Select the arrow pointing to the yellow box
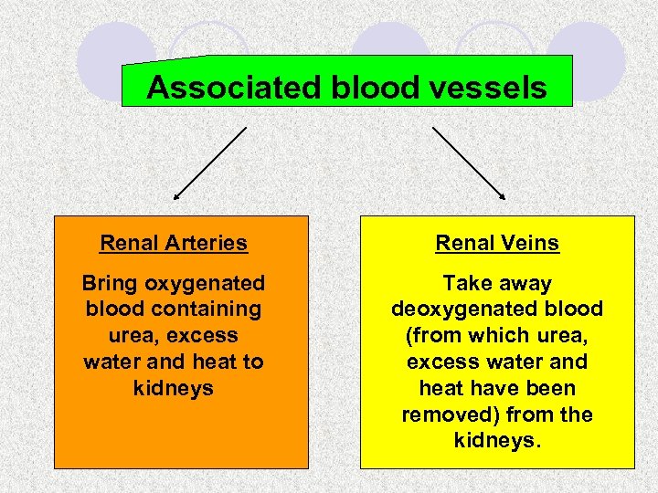point(469,163)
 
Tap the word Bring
point(110,284)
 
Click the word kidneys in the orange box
point(173,388)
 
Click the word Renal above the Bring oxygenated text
point(127,243)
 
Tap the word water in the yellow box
point(510,362)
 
